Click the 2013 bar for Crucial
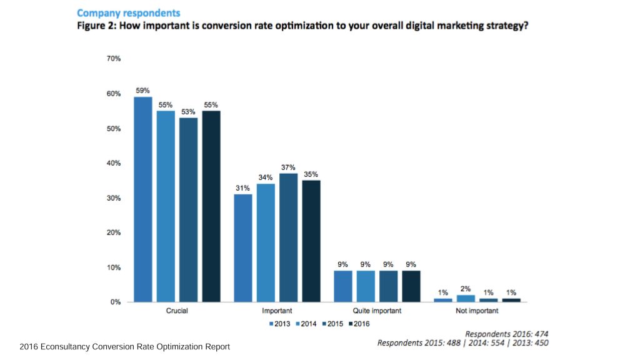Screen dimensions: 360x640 click(x=143, y=199)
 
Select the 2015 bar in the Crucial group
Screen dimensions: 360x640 click(x=188, y=210)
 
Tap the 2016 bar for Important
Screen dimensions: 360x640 click(x=311, y=241)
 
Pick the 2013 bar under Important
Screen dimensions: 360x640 click(x=243, y=248)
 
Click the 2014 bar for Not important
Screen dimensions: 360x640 click(x=466, y=299)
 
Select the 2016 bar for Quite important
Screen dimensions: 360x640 click(x=411, y=286)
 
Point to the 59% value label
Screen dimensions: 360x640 click(x=143, y=91)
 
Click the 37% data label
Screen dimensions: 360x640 click(x=288, y=167)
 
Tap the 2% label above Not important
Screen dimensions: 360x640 click(x=466, y=289)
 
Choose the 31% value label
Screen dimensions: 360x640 click(x=243, y=188)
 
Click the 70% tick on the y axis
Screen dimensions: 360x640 click(x=114, y=59)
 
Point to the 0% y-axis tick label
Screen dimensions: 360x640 click(x=116, y=302)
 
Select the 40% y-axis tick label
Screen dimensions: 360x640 click(x=114, y=163)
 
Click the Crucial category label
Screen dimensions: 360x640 click(x=177, y=311)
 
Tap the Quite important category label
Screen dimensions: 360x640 click(x=377, y=311)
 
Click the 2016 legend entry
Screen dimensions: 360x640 click(x=359, y=324)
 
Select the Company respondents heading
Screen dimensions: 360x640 click(x=128, y=12)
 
